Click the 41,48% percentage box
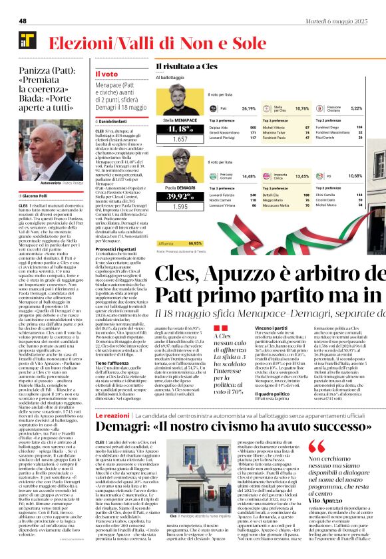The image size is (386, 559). [x=178, y=129]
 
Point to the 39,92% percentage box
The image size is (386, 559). [x=178, y=197]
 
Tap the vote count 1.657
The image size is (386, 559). [x=178, y=140]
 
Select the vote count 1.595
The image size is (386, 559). [x=178, y=207]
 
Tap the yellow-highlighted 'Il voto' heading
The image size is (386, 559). [x=106, y=74]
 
